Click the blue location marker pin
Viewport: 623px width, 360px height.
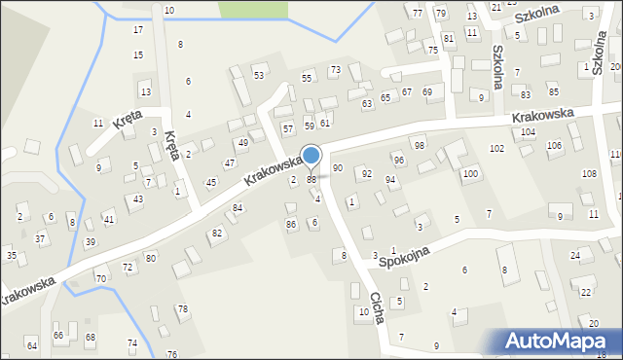coord(311,157)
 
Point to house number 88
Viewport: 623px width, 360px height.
coord(311,180)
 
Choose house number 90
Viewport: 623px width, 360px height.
coord(338,168)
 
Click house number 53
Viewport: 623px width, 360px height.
coord(259,75)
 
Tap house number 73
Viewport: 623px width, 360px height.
coord(335,70)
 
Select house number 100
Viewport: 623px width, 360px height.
coord(470,173)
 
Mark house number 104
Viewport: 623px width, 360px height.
coord(529,131)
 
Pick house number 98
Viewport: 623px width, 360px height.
coord(420,145)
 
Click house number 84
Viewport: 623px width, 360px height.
coord(237,208)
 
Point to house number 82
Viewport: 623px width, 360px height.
coord(217,234)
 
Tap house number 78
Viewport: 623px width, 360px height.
coord(182,308)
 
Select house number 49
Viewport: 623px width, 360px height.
coord(243,143)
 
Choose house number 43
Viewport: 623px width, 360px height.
coord(138,198)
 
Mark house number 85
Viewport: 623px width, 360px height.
coord(553,91)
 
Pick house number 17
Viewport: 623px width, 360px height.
coord(137,30)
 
